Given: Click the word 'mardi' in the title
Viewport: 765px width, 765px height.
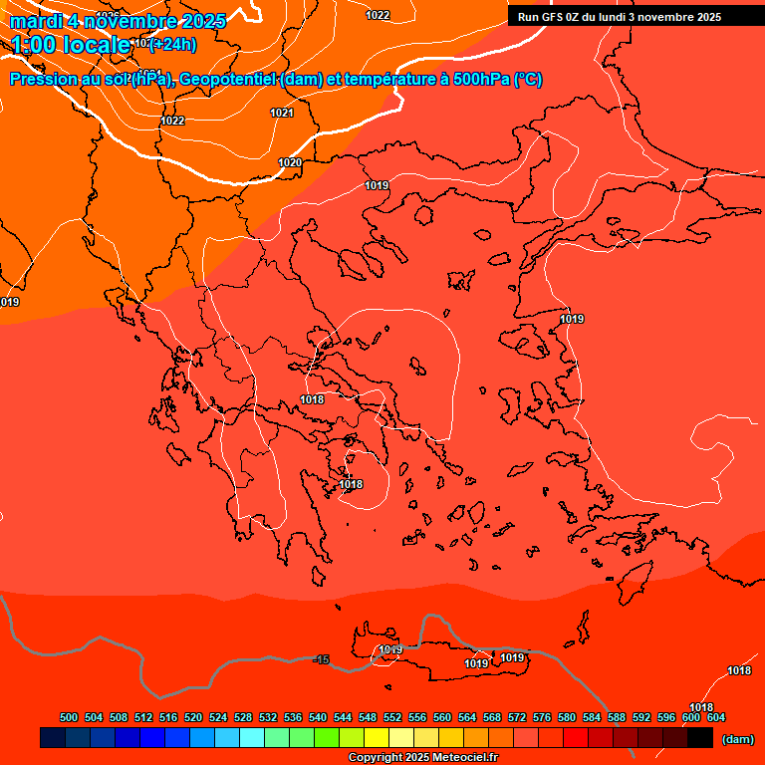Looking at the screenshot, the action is point(37,21).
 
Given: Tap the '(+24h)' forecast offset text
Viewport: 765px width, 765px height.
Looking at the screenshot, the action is point(172,44).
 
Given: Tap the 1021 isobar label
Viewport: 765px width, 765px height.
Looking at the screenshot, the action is point(282,113).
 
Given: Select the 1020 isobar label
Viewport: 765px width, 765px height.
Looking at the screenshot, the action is point(290,162).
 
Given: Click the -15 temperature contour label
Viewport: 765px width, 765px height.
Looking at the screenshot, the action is point(321,659).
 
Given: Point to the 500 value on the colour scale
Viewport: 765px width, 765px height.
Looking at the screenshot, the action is point(69,717).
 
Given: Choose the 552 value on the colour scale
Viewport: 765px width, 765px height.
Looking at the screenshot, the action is point(392,717).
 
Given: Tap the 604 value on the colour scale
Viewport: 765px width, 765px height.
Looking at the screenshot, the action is point(715,717).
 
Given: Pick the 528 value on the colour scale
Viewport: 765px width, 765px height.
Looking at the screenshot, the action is point(243,717).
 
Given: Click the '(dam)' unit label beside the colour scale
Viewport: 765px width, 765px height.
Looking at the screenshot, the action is point(737,739).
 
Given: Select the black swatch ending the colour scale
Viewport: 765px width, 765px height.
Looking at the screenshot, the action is point(700,737).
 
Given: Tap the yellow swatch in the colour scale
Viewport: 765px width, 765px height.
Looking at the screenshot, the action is point(377,737).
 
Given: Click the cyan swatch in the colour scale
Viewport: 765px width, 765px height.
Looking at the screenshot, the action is point(252,737).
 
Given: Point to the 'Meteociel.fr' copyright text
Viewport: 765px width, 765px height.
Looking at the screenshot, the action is point(464,758).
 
